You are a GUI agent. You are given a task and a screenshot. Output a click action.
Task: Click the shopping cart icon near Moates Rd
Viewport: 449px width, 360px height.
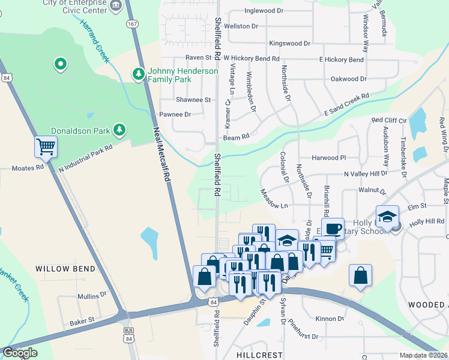click(x=46, y=146)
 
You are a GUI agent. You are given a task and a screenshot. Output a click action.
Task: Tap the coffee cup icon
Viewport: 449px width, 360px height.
click(x=333, y=229)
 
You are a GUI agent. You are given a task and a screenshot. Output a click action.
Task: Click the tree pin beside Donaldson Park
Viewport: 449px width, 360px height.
click(x=119, y=130)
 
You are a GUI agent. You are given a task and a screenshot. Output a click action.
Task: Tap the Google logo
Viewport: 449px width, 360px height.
click(x=20, y=353)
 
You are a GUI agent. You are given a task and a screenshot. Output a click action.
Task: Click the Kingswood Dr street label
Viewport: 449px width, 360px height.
click(x=290, y=44)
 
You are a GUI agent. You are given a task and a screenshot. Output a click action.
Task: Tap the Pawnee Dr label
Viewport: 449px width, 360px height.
click(x=175, y=114)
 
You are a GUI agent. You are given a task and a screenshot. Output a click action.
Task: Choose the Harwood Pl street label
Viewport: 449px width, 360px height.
click(x=330, y=158)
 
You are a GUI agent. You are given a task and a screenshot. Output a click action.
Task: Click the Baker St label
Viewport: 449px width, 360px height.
click(x=82, y=322)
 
